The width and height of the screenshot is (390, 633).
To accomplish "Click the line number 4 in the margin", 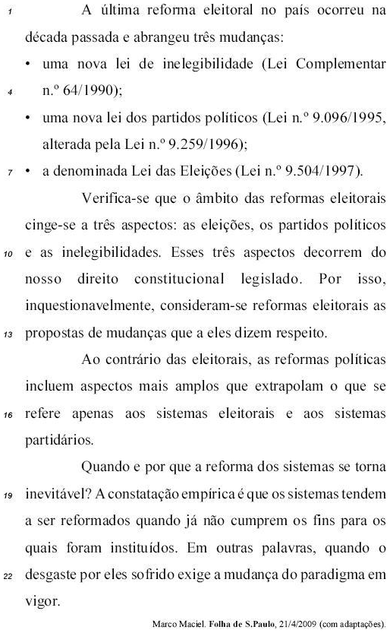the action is click(x=9, y=93).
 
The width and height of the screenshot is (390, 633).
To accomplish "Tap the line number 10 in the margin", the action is click(x=8, y=255).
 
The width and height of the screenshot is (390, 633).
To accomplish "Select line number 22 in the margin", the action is click(x=8, y=575).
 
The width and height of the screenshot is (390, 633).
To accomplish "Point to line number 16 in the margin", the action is click(x=8, y=415).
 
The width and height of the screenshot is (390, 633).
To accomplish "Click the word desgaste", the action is click(x=54, y=574).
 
